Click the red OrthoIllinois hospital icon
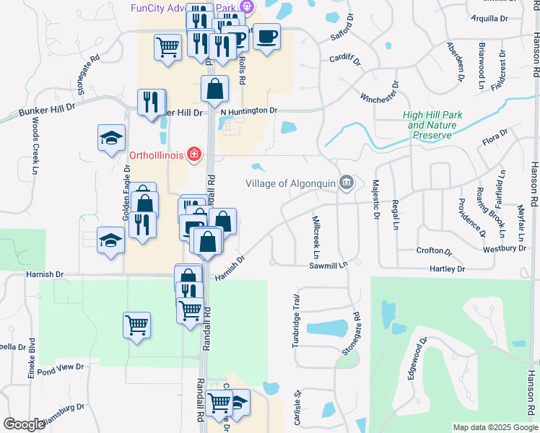click(x=193, y=154)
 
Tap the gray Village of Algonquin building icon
click(x=346, y=183)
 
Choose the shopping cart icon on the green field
click(x=136, y=325)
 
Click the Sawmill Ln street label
click(x=328, y=265)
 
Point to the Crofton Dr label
click(x=434, y=252)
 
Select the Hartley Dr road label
click(x=448, y=268)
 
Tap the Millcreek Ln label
click(x=315, y=237)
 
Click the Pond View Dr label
click(x=61, y=369)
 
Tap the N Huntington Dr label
click(x=249, y=110)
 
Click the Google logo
click(x=24, y=424)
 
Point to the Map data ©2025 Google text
click(x=495, y=427)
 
